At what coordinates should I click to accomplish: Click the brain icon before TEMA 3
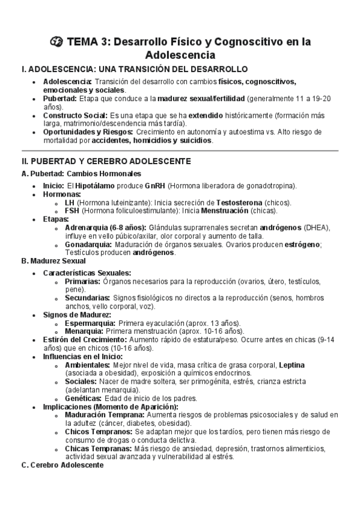pyautogui.click(x=56, y=42)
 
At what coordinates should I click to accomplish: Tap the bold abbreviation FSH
pyautogui.click(x=72, y=211)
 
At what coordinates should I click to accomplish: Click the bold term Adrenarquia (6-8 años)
pyautogui.click(x=103, y=228)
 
